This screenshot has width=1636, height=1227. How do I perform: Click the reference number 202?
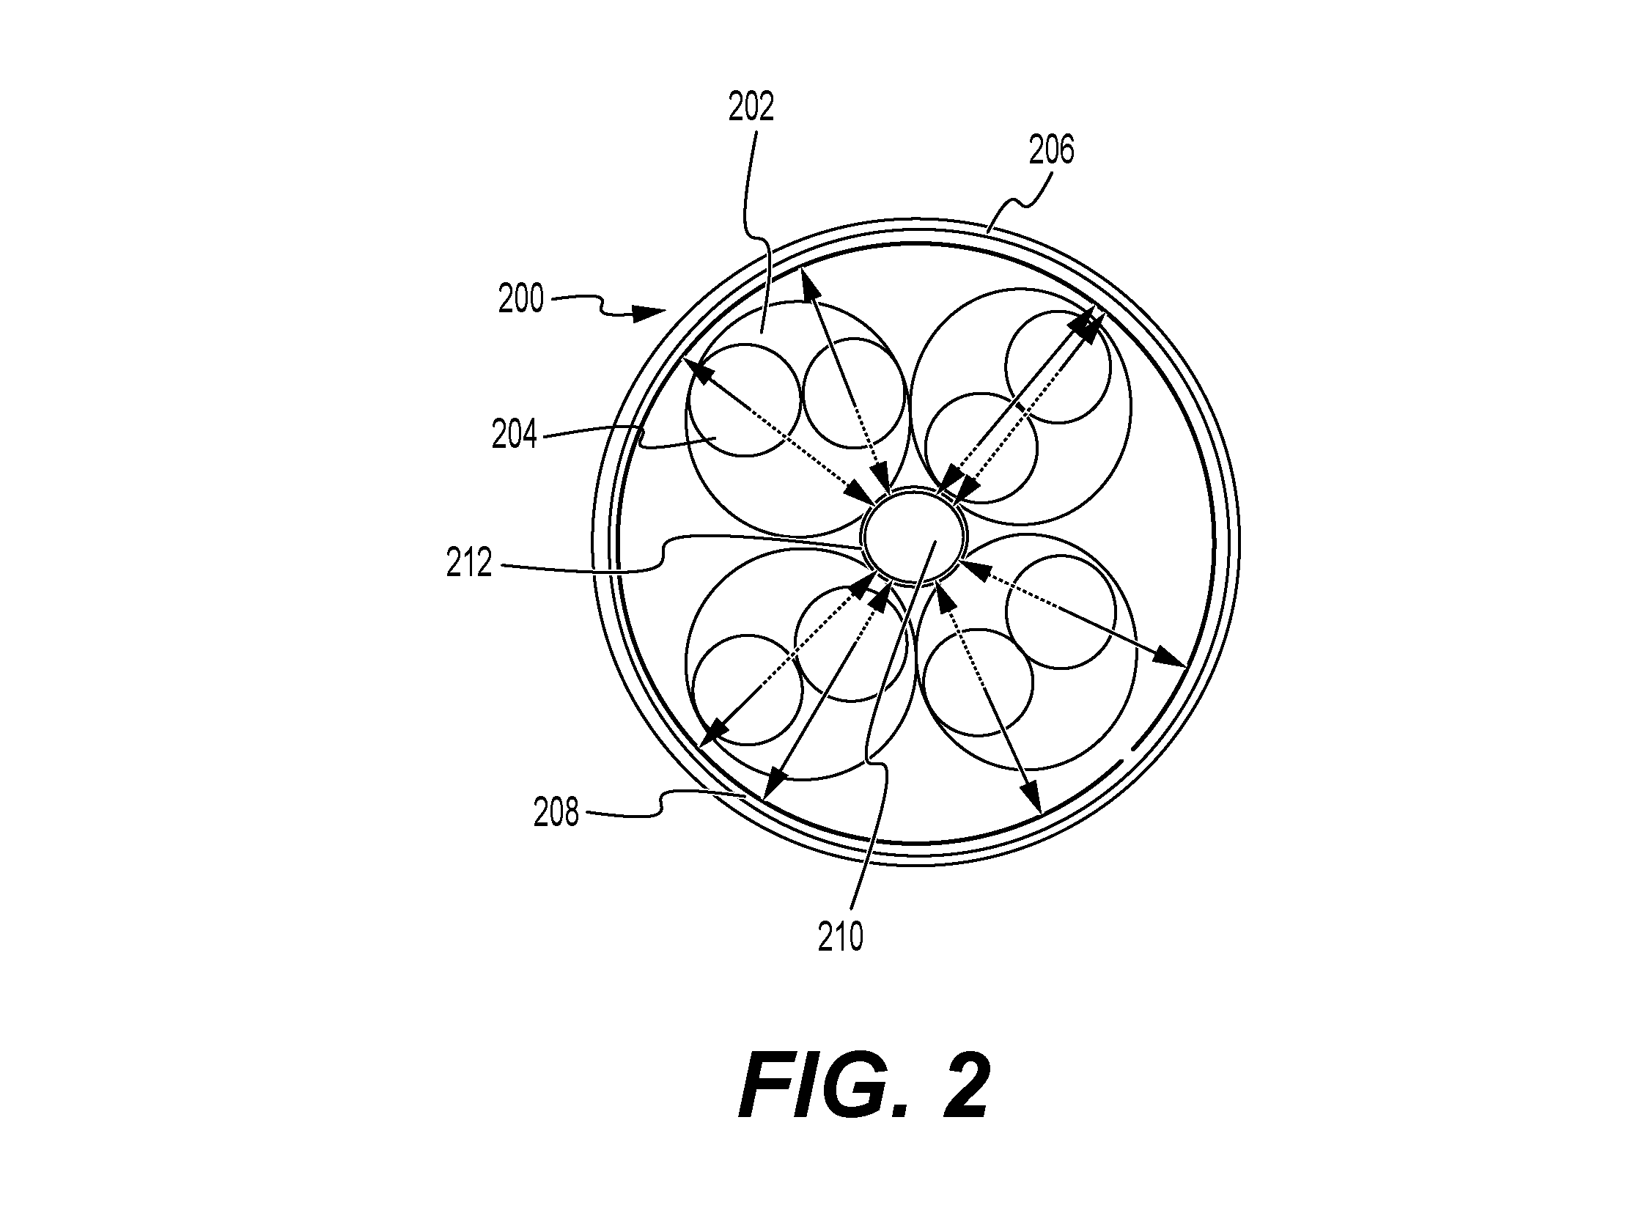click(x=751, y=108)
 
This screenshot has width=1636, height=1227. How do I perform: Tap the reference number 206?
click(x=1051, y=151)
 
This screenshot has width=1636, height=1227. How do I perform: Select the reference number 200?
click(x=520, y=300)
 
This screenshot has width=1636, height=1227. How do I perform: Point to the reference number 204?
click(x=514, y=435)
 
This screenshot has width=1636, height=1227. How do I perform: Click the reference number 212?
click(x=469, y=564)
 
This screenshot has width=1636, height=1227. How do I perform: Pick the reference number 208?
click(x=556, y=814)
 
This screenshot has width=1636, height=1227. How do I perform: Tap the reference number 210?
click(x=840, y=938)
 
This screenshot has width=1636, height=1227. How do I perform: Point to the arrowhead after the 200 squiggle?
click(x=651, y=313)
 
